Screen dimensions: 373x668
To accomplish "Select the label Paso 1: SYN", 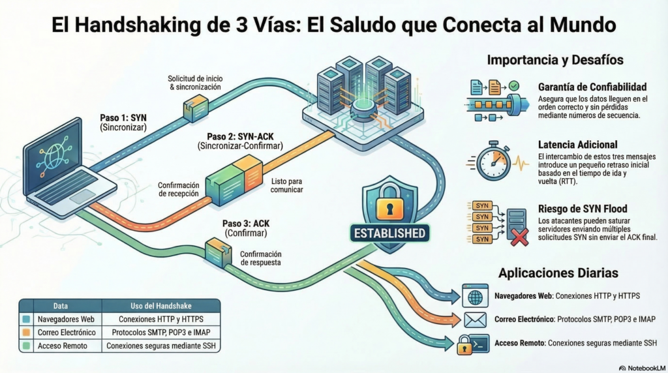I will [x=124, y=117].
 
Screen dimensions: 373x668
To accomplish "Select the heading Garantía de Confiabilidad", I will [x=592, y=87].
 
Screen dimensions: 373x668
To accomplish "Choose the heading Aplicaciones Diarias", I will [x=558, y=272].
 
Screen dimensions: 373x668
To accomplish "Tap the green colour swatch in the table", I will [x=26, y=346].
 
